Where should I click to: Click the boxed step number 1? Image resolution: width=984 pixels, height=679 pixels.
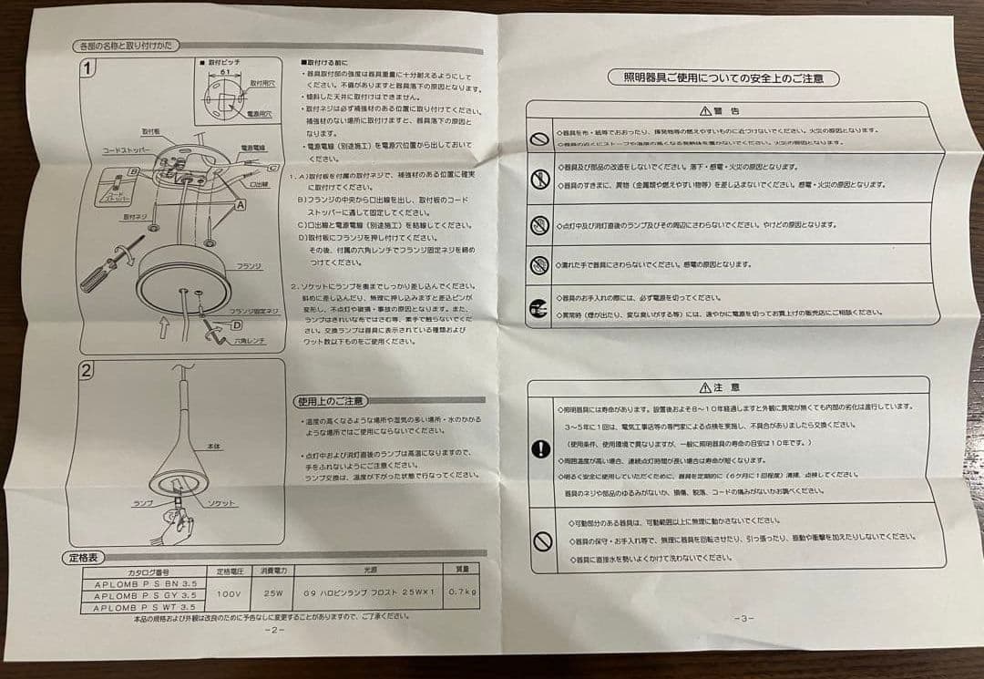click(87, 68)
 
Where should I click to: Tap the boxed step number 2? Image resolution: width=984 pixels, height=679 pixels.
click(86, 371)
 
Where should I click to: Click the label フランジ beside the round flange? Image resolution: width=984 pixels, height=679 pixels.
click(247, 265)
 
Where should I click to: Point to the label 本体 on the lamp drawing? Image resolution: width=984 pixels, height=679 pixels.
click(214, 447)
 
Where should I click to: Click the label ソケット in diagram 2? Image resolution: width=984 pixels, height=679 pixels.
click(220, 503)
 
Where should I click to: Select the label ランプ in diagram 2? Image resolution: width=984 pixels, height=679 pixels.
click(143, 503)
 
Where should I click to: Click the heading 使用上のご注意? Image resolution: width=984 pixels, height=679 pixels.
click(330, 402)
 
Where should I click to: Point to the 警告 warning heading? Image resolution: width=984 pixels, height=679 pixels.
click(724, 111)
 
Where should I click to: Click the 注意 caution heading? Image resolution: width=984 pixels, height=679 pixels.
click(726, 387)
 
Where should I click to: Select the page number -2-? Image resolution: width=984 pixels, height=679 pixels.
click(274, 630)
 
